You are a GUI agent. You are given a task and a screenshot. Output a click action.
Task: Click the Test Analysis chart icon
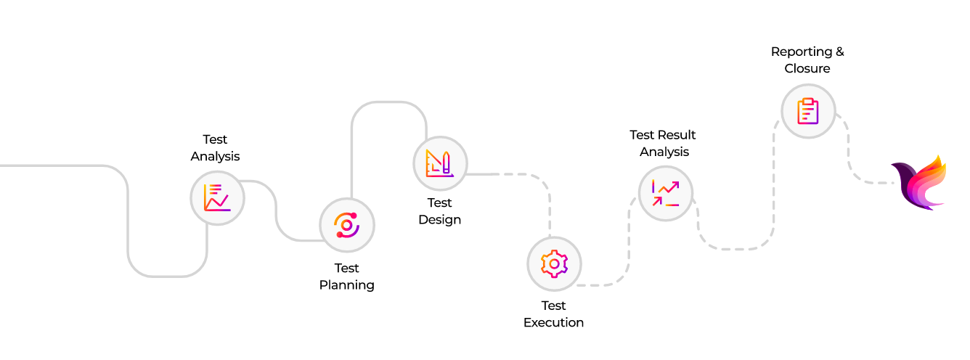pyautogui.click(x=217, y=197)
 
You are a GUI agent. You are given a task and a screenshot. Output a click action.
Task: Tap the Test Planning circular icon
pyautogui.click(x=347, y=225)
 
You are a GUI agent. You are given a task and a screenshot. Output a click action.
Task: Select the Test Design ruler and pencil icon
pyautogui.click(x=440, y=163)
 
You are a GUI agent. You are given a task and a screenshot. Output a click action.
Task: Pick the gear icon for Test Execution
pyautogui.click(x=554, y=263)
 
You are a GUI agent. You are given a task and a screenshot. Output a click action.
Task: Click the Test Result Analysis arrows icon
pyautogui.click(x=666, y=193)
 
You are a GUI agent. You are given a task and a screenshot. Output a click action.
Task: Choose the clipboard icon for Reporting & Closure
pyautogui.click(x=807, y=111)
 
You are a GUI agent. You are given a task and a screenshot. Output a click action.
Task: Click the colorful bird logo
pyautogui.click(x=919, y=183)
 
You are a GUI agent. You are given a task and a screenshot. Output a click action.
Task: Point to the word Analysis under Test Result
pyautogui.click(x=664, y=152)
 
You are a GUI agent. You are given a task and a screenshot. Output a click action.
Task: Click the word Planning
pyautogui.click(x=347, y=285)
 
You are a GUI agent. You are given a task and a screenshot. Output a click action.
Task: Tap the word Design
pyautogui.click(x=440, y=219)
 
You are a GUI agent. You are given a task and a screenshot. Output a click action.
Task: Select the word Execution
pyautogui.click(x=554, y=322)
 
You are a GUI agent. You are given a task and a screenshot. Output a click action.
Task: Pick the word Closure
pyautogui.click(x=807, y=68)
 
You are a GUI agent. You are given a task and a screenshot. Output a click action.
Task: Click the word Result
pyautogui.click(x=677, y=135)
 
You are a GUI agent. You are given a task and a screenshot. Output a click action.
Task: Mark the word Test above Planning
pyautogui.click(x=347, y=268)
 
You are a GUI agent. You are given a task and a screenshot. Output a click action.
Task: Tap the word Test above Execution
pyautogui.click(x=554, y=306)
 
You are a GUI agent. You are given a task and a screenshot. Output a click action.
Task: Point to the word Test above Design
pyautogui.click(x=440, y=202)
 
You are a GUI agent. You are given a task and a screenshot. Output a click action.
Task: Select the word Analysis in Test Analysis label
pyautogui.click(x=216, y=156)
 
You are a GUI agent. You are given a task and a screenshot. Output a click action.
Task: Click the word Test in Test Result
pyautogui.click(x=642, y=135)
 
